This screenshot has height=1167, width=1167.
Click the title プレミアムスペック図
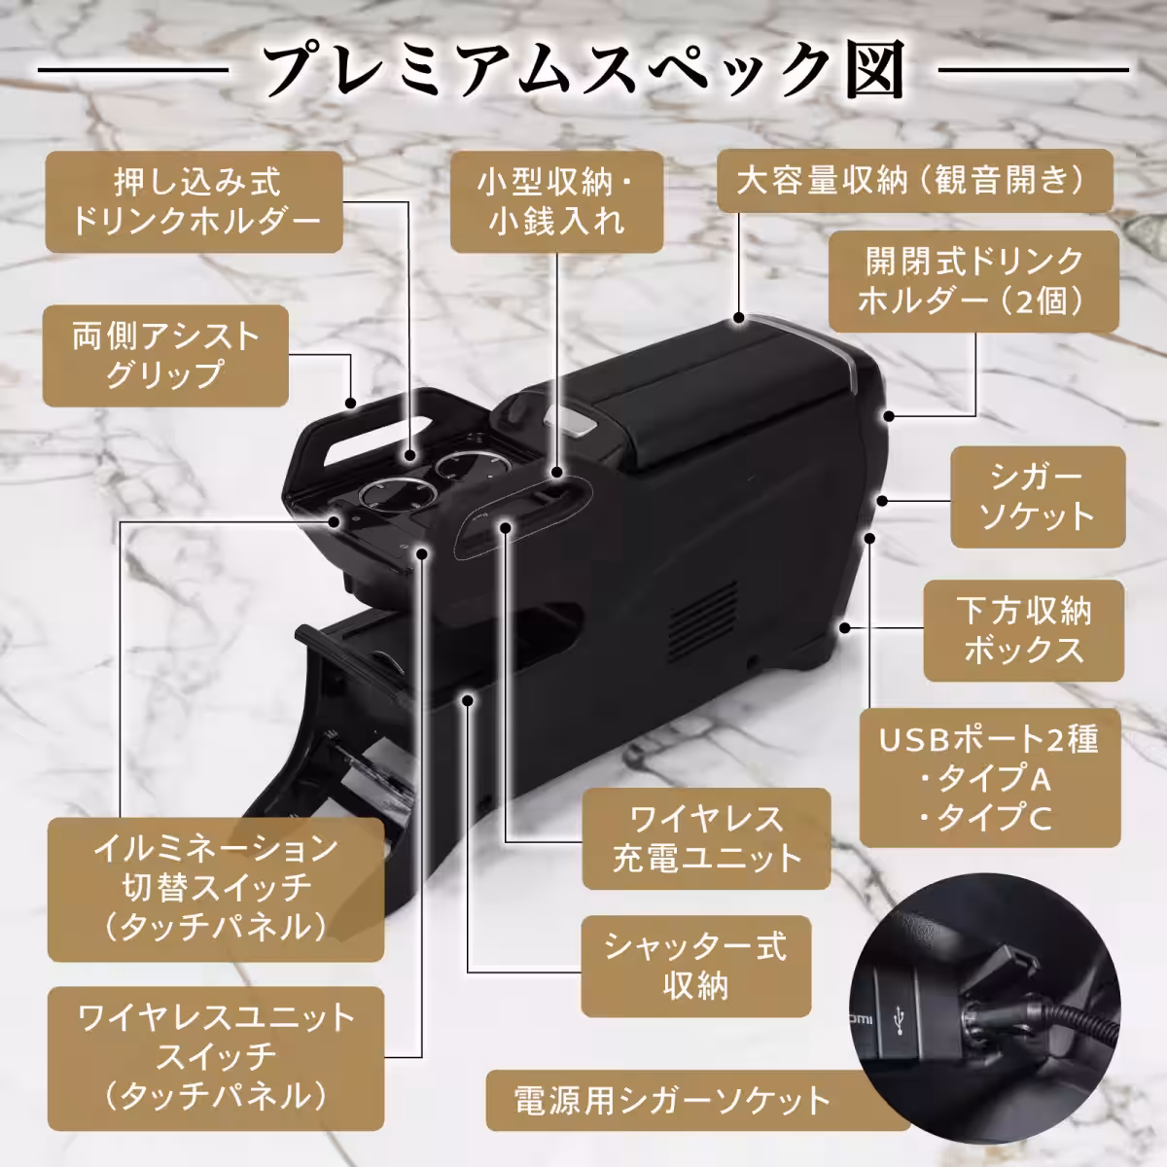583,69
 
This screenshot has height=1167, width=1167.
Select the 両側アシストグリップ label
166,356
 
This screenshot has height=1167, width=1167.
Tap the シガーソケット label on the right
1037,497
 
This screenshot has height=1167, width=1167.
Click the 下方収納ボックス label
1022,630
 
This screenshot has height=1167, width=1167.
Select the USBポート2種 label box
989,778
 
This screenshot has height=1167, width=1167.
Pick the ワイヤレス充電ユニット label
706,838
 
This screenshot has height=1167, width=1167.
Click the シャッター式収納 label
695,966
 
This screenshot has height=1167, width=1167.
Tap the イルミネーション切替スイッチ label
215,887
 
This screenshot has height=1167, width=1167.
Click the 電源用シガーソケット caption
671,1101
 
